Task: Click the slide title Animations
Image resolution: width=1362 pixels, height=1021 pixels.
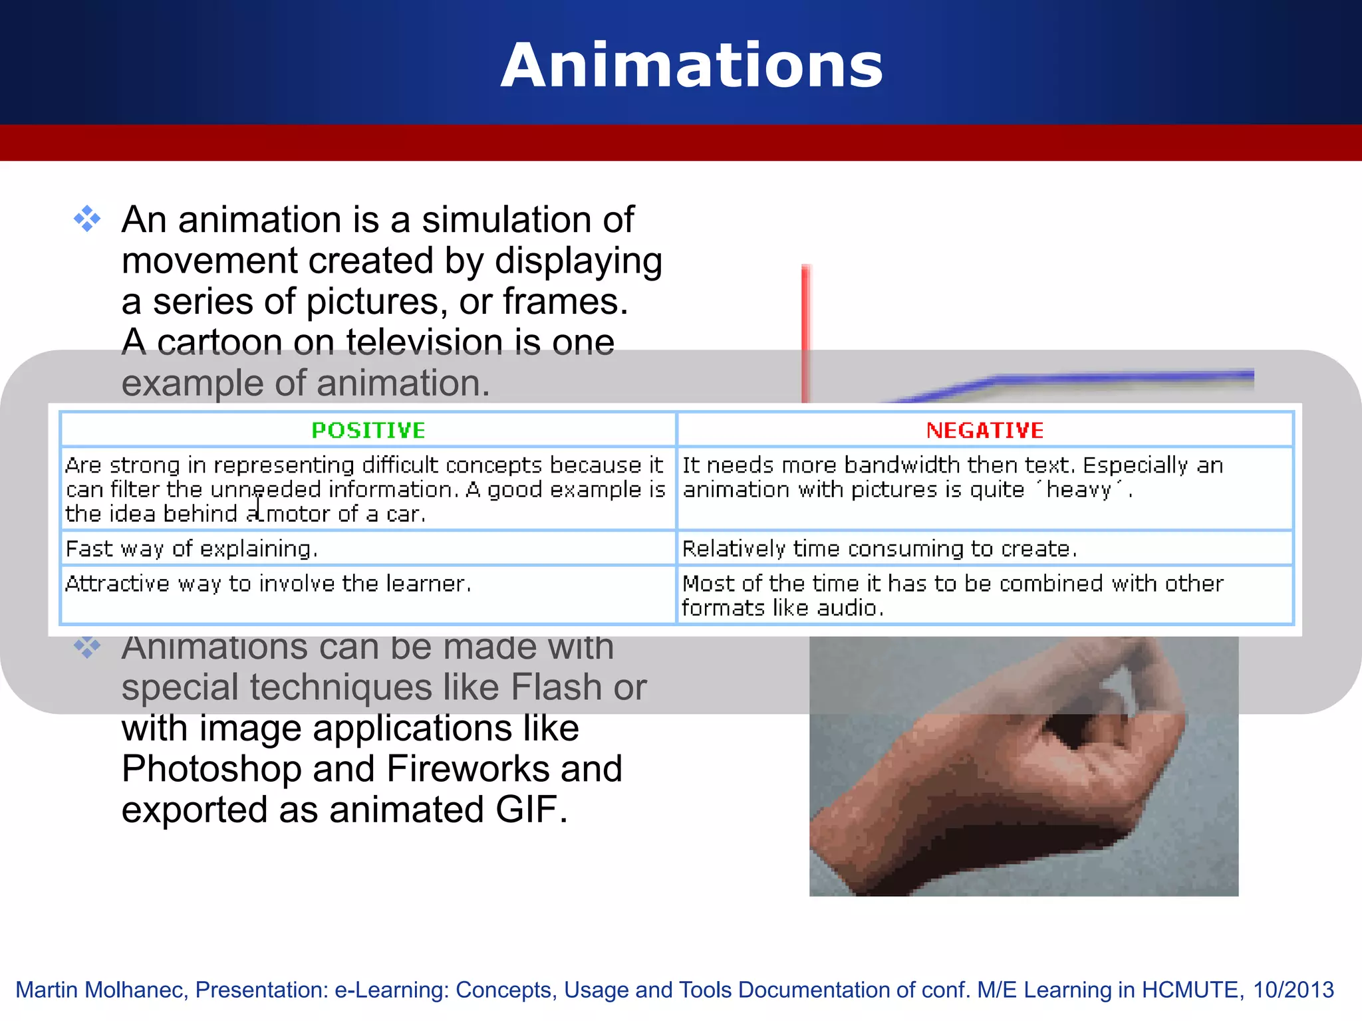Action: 692,65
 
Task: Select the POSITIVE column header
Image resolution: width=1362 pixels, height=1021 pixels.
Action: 368,430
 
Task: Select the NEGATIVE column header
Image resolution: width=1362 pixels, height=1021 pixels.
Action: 985,430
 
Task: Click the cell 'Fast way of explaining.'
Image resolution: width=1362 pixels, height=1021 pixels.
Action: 192,548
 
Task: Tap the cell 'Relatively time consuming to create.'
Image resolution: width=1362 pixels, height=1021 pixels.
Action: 879,548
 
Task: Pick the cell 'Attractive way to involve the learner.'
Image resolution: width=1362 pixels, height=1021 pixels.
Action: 268,584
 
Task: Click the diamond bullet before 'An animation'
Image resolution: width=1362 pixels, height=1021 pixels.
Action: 87,219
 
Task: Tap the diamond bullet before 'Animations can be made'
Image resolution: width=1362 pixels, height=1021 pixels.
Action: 87,646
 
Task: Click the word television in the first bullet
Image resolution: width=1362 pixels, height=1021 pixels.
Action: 424,342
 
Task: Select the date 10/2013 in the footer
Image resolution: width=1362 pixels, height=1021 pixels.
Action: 1293,990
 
